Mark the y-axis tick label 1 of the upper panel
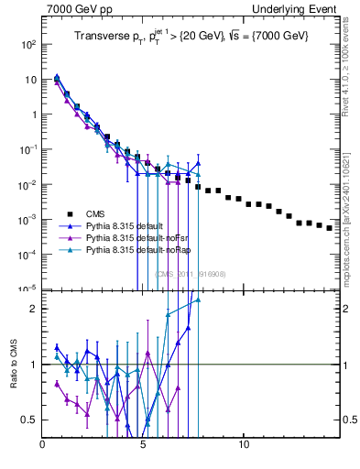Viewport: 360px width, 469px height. (x=33, y=115)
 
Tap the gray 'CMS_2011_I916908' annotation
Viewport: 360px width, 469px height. (x=190, y=273)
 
